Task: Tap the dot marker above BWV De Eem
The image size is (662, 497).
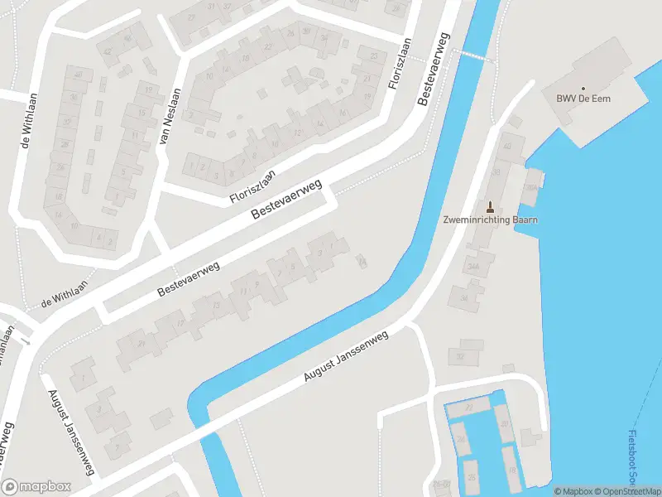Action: coord(583,89)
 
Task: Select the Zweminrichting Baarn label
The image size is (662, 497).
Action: coord(490,220)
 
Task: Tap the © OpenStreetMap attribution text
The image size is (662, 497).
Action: coord(626,491)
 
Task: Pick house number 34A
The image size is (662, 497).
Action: coord(474,267)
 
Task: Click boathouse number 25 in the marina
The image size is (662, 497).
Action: coord(472,476)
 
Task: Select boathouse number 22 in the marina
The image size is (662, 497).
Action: coord(468,408)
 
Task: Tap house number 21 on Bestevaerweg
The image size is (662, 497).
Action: coord(142,344)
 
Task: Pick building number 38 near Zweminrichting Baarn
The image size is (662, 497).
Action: coord(465,297)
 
